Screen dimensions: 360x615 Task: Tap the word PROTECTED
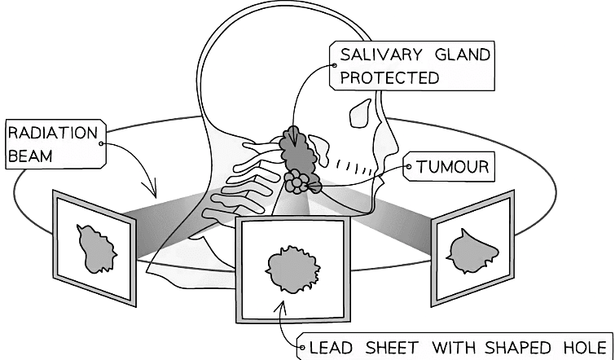tap(389, 78)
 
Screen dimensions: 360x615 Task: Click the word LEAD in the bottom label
tap(332, 348)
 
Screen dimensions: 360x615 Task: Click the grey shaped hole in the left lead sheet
tap(95, 248)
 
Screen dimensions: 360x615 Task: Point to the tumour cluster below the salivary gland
tap(302, 182)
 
